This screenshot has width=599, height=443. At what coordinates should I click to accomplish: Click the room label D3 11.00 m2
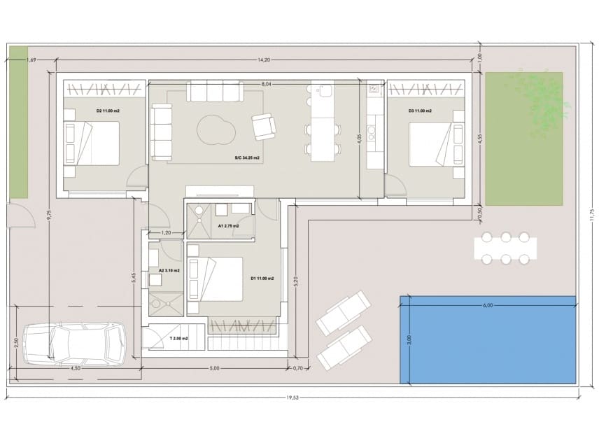[x=420, y=111]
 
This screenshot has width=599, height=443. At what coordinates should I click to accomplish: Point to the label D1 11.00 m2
[x=262, y=279]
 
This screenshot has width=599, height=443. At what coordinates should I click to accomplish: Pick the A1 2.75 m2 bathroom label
[x=228, y=226]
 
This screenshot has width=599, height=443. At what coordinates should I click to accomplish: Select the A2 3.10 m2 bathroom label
[x=169, y=270]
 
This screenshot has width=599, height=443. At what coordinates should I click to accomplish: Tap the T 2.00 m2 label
[x=178, y=338]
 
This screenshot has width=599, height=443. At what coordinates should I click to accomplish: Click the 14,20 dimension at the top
[x=264, y=59]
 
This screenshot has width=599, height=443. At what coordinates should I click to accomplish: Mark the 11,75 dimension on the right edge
[x=591, y=215]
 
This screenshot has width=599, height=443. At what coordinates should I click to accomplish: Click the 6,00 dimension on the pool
[x=488, y=305]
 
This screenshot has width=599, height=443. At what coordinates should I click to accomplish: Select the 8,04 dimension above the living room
[x=266, y=84]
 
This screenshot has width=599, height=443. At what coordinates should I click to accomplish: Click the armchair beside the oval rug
[x=264, y=126]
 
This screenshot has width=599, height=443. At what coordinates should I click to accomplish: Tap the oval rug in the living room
[x=215, y=129]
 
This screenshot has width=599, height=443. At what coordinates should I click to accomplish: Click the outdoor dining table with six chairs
[x=505, y=247]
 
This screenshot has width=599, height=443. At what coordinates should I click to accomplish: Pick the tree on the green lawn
[x=539, y=101]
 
